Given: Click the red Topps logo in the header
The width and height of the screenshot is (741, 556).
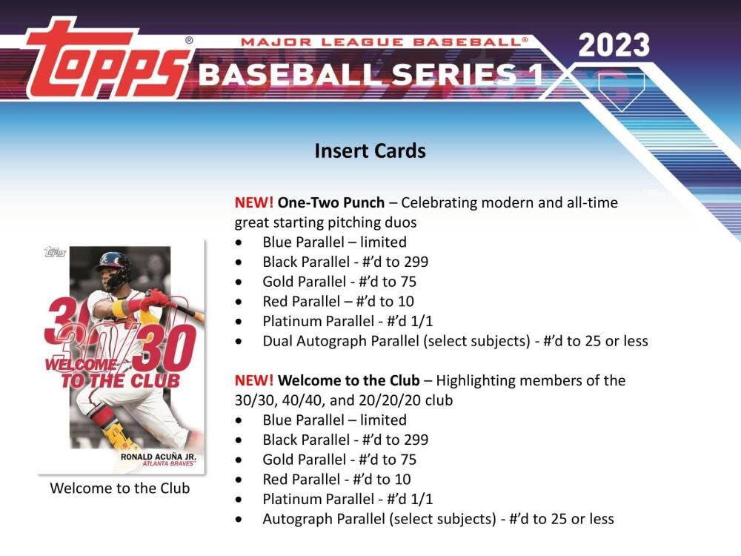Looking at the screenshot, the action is [106, 59].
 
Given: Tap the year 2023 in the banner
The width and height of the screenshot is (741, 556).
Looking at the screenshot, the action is [614, 45].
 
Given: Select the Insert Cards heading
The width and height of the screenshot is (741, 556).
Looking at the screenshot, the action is [370, 150].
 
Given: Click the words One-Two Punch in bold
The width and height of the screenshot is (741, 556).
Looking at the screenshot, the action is [330, 202].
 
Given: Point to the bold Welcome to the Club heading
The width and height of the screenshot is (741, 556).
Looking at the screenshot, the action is [349, 380].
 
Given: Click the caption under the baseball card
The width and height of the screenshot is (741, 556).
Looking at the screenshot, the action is [120, 488].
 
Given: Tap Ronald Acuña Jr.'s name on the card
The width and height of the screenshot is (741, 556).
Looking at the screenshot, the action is [159, 457].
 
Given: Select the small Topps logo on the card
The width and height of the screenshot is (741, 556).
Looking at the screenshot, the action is [55, 253].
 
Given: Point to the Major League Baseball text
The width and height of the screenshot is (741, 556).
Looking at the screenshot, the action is [384, 42].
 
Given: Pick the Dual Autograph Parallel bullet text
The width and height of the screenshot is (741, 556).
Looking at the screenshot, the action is [455, 341].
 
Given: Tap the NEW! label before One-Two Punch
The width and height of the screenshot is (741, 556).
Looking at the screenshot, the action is [253, 202].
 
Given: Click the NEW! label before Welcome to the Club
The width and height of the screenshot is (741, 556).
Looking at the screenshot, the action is [253, 380].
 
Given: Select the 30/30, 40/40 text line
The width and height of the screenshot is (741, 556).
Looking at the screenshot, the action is [344, 400].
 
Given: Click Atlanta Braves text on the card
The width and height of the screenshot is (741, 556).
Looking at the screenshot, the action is [169, 464].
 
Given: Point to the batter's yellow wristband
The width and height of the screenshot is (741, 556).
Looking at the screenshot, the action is [119, 308].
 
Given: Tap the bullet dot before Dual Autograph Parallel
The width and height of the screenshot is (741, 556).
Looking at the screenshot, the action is [239, 341].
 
